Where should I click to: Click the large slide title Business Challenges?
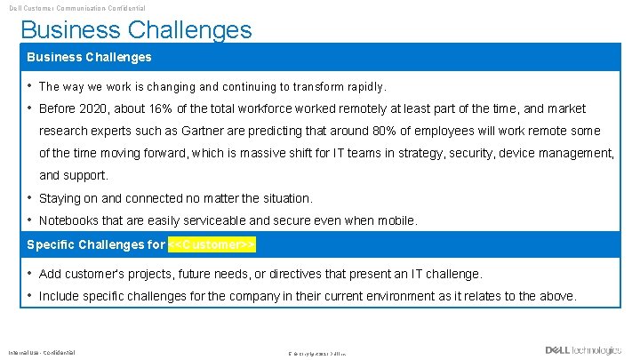[x=136, y=29]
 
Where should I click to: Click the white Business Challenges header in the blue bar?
[x=89, y=57]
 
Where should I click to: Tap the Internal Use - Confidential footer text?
[x=42, y=352]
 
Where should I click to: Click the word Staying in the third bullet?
[x=60, y=198]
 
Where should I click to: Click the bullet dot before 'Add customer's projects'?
[x=30, y=274]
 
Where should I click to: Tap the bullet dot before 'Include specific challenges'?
[x=30, y=296]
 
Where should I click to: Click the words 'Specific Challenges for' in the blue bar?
[x=96, y=244]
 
